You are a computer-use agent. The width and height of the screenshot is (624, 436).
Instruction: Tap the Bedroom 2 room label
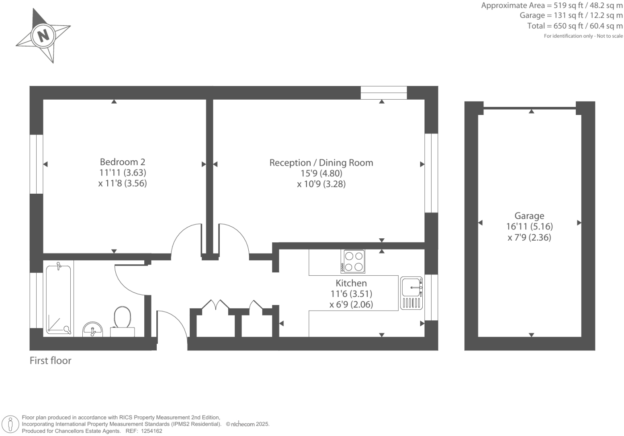click(123, 162)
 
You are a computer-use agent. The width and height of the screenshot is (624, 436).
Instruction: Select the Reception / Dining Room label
click(321, 163)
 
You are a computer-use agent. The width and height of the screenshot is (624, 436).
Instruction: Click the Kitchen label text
click(351, 283)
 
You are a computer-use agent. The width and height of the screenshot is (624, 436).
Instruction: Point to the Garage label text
click(529, 216)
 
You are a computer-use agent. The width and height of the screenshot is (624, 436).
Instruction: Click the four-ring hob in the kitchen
click(354, 261)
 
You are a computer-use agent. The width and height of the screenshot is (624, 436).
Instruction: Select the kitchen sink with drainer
click(411, 293)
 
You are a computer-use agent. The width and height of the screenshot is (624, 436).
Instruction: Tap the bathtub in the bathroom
click(59, 299)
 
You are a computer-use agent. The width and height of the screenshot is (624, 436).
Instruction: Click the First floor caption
click(51, 360)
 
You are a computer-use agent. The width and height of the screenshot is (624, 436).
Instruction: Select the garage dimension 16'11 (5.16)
click(529, 227)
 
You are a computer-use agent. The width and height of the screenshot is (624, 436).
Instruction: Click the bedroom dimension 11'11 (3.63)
click(123, 173)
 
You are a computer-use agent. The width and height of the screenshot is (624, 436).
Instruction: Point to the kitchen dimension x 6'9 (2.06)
click(351, 305)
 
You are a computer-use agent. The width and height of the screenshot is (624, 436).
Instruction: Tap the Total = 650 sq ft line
click(575, 26)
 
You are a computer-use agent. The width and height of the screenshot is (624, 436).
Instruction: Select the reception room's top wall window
click(384, 93)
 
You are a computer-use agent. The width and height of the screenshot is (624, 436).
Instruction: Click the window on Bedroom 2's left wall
click(36, 164)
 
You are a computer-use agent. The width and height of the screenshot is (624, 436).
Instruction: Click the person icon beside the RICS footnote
click(11, 424)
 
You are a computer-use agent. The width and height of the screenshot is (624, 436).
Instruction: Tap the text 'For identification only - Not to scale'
click(583, 36)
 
